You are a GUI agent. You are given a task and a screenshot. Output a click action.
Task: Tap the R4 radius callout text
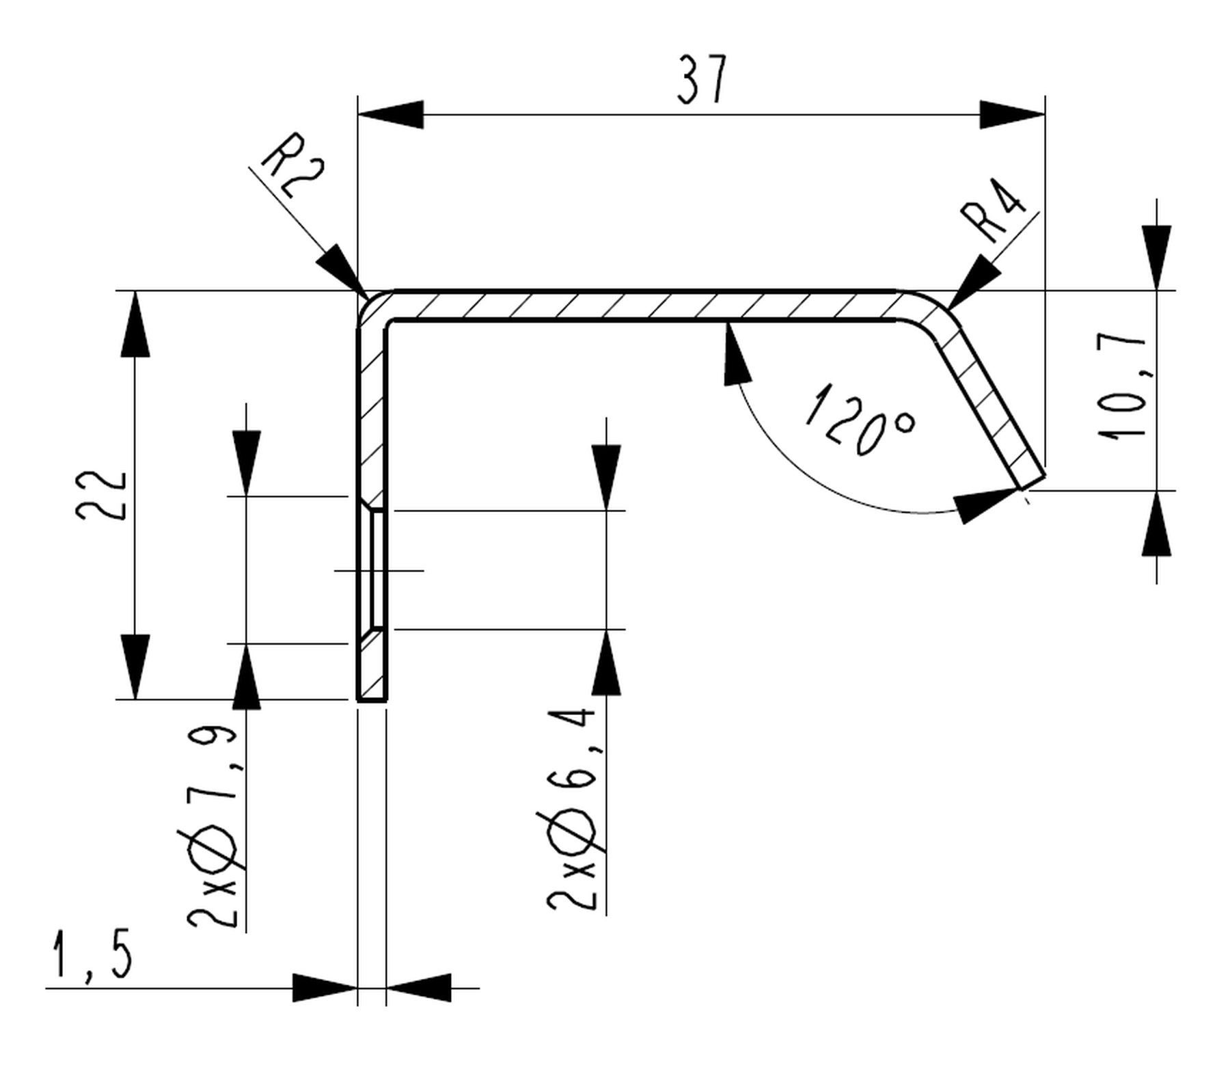point(994,211)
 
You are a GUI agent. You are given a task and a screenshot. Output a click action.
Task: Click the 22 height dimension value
point(101,496)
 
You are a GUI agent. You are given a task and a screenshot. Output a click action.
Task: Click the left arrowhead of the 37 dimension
point(390,115)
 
